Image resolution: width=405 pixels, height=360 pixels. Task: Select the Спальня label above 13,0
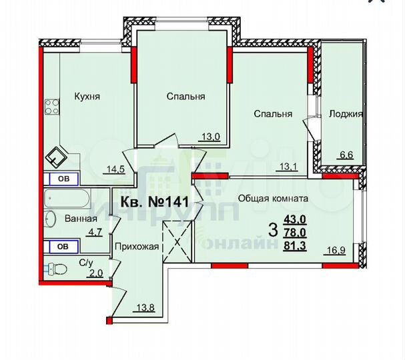point(185,97)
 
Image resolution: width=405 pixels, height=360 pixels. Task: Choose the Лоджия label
point(346,114)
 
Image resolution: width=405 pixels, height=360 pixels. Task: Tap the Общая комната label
point(282,198)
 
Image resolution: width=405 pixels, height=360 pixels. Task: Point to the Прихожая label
point(137,247)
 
